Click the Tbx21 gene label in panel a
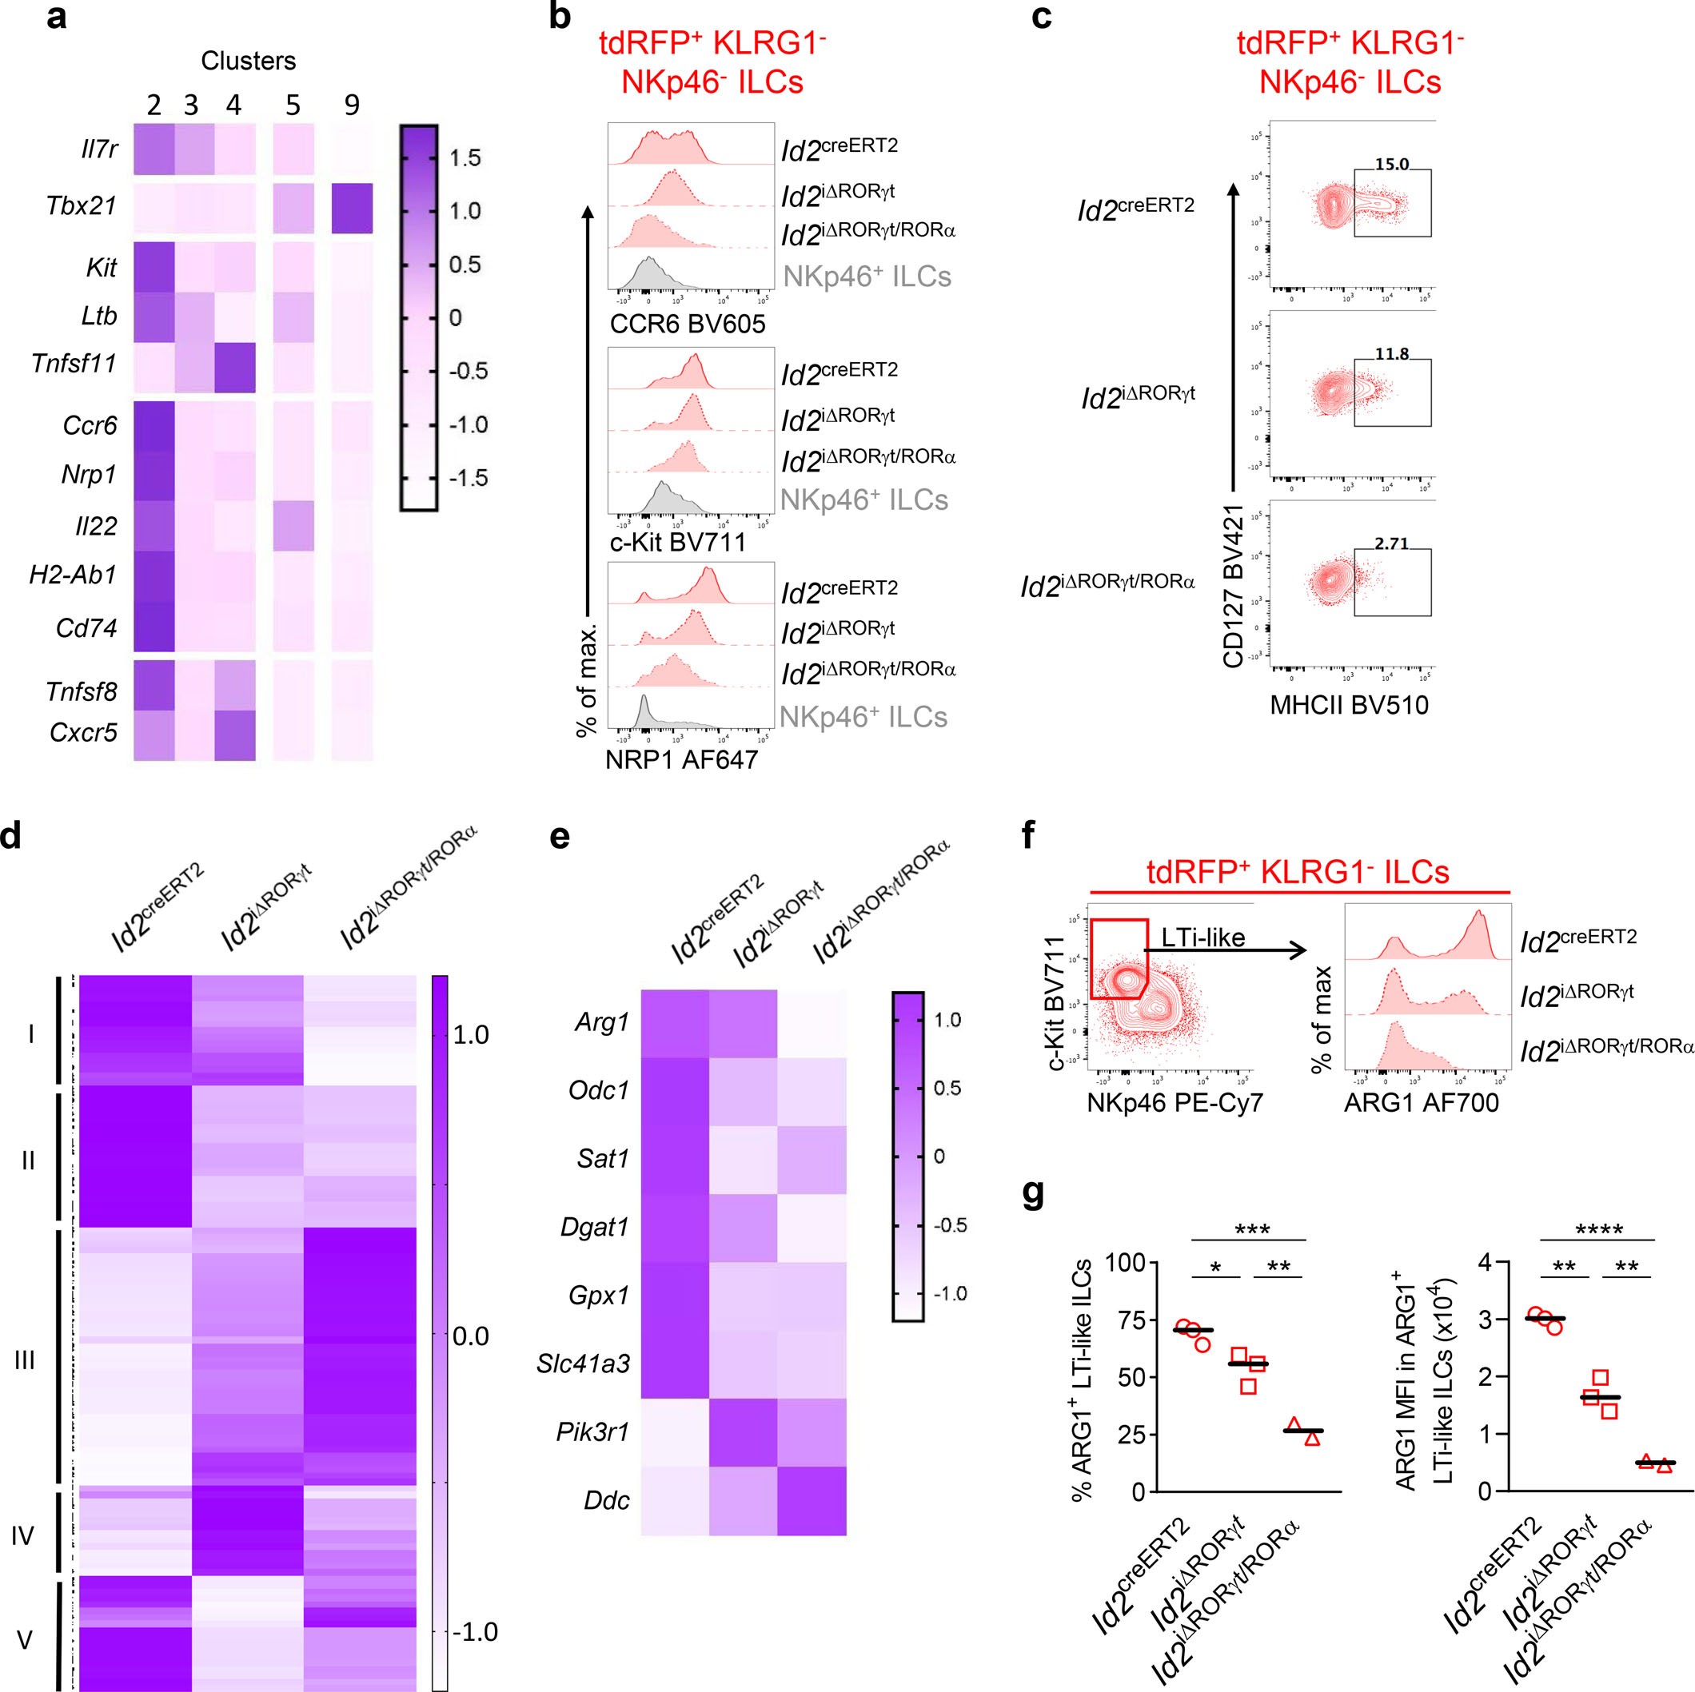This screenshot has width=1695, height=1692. (x=81, y=206)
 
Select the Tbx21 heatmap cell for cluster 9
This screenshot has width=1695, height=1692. (x=352, y=208)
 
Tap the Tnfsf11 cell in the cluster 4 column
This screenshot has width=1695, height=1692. (x=233, y=367)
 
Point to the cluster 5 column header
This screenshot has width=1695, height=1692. (x=293, y=106)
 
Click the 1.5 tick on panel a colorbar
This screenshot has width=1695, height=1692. (x=465, y=159)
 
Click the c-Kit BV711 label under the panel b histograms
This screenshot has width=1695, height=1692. (x=677, y=542)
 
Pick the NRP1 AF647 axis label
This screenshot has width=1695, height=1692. (x=681, y=759)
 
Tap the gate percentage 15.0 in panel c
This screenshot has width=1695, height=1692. (x=1391, y=165)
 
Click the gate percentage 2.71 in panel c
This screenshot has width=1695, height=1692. (x=1391, y=543)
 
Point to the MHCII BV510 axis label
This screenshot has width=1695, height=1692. (x=1350, y=704)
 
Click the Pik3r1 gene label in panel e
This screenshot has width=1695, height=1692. (x=592, y=1432)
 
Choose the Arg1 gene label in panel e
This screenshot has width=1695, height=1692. (x=602, y=1023)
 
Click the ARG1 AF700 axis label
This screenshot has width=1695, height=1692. (x=1422, y=1103)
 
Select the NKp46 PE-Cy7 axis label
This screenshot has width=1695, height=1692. (x=1175, y=1103)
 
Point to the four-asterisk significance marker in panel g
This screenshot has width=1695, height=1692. (x=1598, y=1230)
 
